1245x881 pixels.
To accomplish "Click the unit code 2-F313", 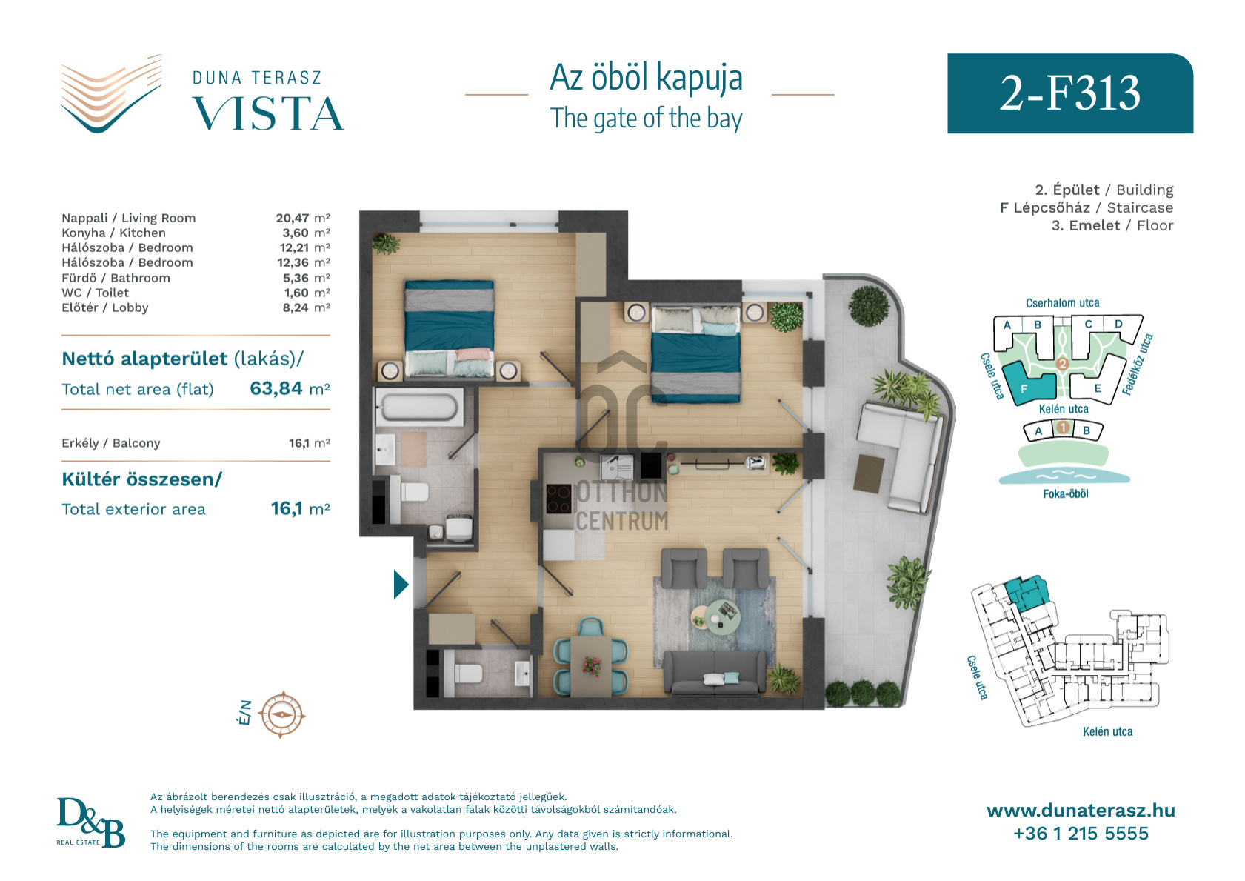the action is pos(1069,93).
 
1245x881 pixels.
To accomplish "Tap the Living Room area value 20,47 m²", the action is pos(303,218).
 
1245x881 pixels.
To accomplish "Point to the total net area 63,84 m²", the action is pos(290,388).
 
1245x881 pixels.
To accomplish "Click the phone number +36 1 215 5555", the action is pos(1081,833).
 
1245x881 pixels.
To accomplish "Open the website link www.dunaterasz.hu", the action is pos(1081,811).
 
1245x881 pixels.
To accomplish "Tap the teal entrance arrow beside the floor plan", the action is pos(401,585).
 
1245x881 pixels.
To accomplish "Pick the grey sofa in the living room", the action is pos(715,674).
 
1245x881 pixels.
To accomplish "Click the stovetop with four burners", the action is pos(558,499).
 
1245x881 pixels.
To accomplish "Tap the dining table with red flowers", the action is pos(591,665).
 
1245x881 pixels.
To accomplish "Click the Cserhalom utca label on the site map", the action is pos(1062,303).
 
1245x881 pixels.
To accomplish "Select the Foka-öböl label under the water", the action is pos(1066,494).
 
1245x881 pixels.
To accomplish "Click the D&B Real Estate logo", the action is pos(90,822).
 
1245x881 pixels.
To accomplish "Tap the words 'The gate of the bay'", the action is pos(646,119).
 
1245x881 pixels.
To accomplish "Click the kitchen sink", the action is pos(615,467).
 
